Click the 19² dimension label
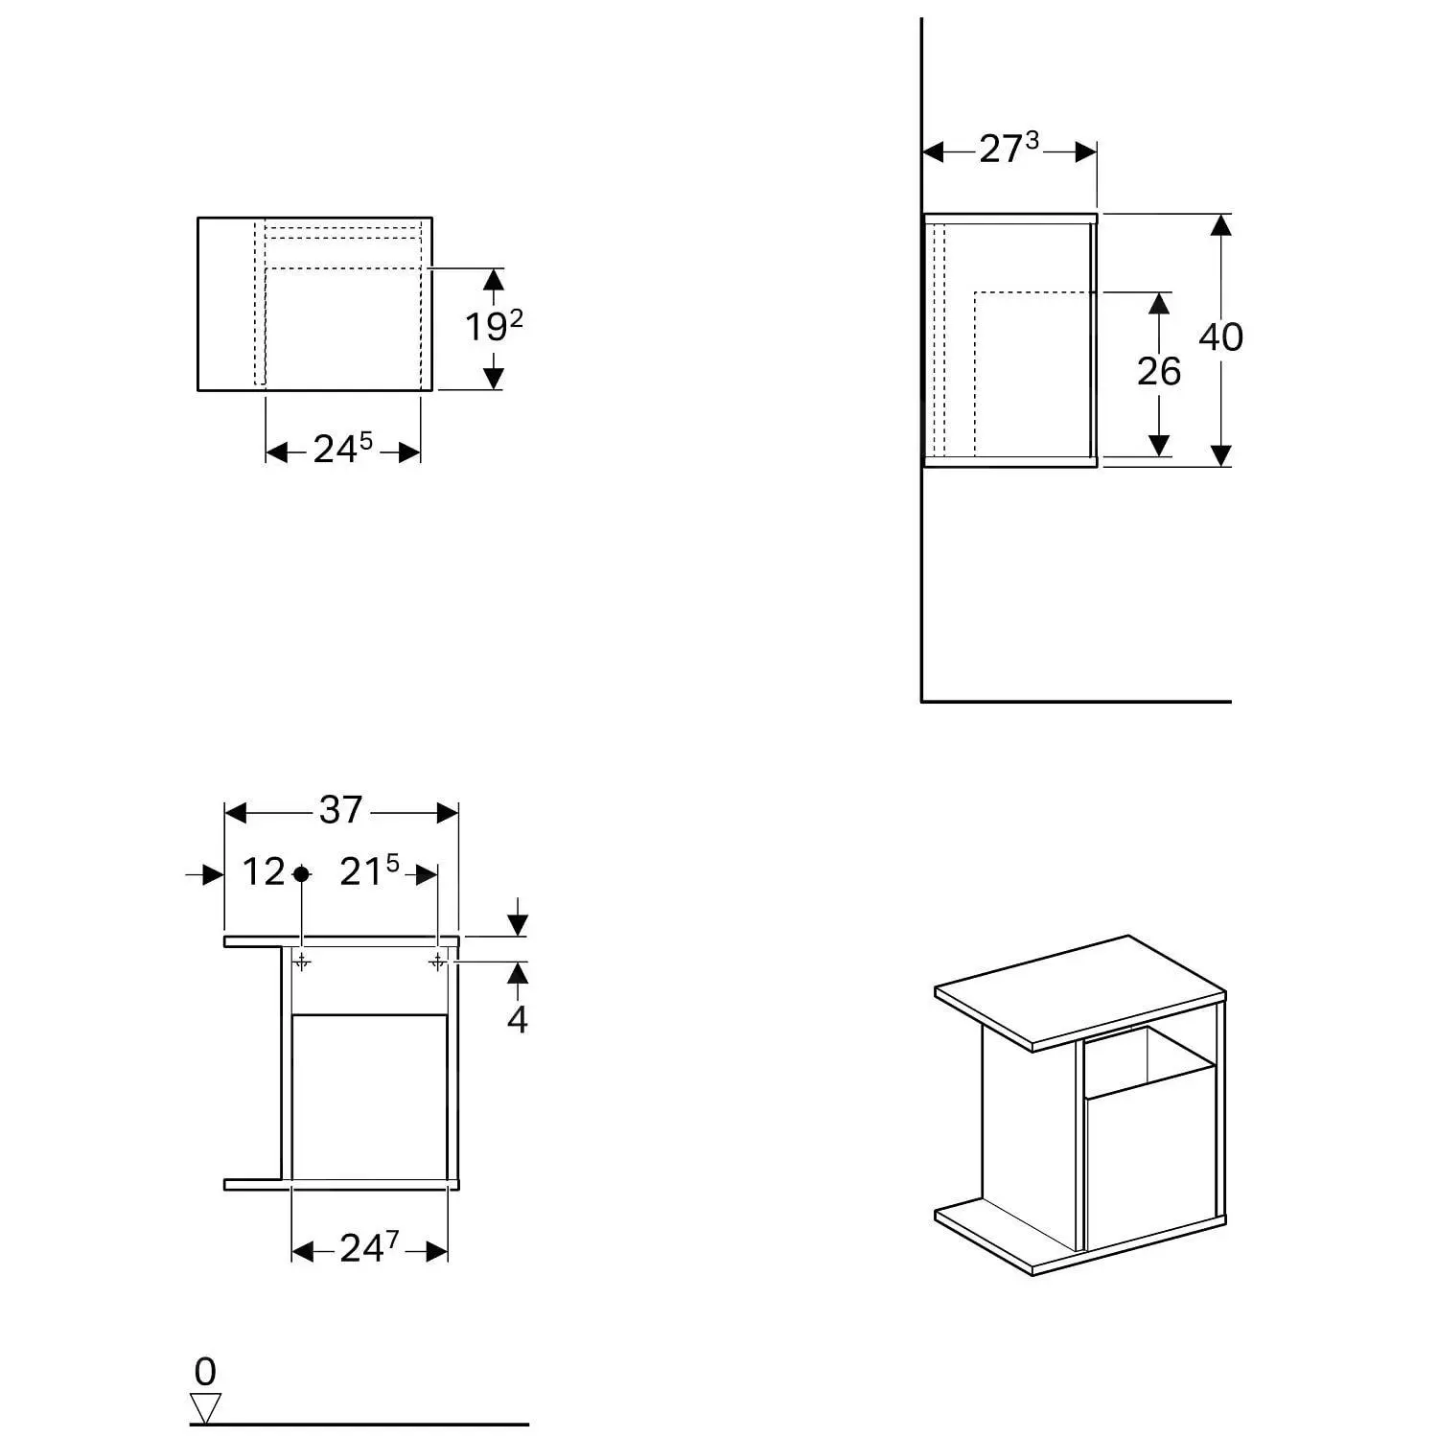tap(494, 328)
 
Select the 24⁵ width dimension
tap(342, 449)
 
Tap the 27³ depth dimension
tap(1009, 149)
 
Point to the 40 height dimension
tap(1220, 337)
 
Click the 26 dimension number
tap(1159, 372)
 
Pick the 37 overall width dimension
tap(341, 811)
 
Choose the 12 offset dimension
tap(263, 872)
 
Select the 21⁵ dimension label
tap(369, 872)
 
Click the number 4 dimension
tap(518, 1020)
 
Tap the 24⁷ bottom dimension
tap(369, 1248)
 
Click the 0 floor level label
tap(205, 1373)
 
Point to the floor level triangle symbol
tap(205, 1407)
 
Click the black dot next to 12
tap(301, 873)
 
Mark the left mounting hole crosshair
tap(301, 960)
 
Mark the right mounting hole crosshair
tap(437, 960)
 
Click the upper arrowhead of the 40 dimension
tap(1220, 225)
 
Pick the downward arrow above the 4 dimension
tap(518, 923)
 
